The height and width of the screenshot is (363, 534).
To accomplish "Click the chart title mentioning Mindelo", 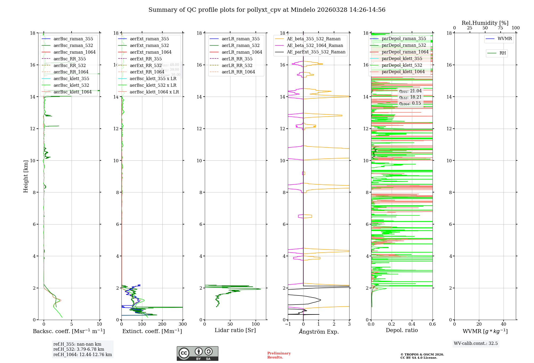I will (x=267, y=10).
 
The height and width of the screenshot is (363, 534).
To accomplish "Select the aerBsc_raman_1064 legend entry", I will (x=74, y=52).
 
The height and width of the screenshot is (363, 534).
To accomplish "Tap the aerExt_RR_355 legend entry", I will (x=146, y=59).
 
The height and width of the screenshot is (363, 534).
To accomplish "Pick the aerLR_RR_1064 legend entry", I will (x=238, y=72).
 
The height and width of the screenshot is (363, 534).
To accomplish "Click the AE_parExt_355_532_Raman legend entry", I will (x=316, y=52).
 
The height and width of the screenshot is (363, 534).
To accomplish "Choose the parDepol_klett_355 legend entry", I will (x=402, y=58).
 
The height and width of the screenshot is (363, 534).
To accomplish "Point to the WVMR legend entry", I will (x=505, y=39).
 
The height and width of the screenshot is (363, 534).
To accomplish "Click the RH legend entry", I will (x=502, y=53).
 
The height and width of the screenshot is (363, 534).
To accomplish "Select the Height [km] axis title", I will (x=26, y=176).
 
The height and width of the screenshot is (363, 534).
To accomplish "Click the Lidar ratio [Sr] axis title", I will (x=235, y=330).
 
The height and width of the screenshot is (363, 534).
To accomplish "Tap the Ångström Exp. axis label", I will (x=319, y=332).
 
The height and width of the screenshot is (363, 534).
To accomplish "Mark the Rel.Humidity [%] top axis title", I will (x=485, y=23).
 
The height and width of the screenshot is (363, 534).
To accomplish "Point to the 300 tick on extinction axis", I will (x=183, y=324).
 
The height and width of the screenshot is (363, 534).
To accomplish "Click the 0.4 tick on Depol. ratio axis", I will (x=412, y=324).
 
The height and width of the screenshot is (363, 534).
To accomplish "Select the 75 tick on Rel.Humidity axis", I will (x=500, y=28).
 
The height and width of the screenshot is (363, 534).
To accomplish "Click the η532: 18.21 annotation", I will (x=410, y=97).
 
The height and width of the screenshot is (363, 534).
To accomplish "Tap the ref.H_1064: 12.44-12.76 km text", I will (x=83, y=354).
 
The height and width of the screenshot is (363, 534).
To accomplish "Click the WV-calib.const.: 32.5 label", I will (x=476, y=343).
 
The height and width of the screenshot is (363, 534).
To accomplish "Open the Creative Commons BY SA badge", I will (x=197, y=353).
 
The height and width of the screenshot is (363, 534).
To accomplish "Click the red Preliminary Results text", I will (x=279, y=355).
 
